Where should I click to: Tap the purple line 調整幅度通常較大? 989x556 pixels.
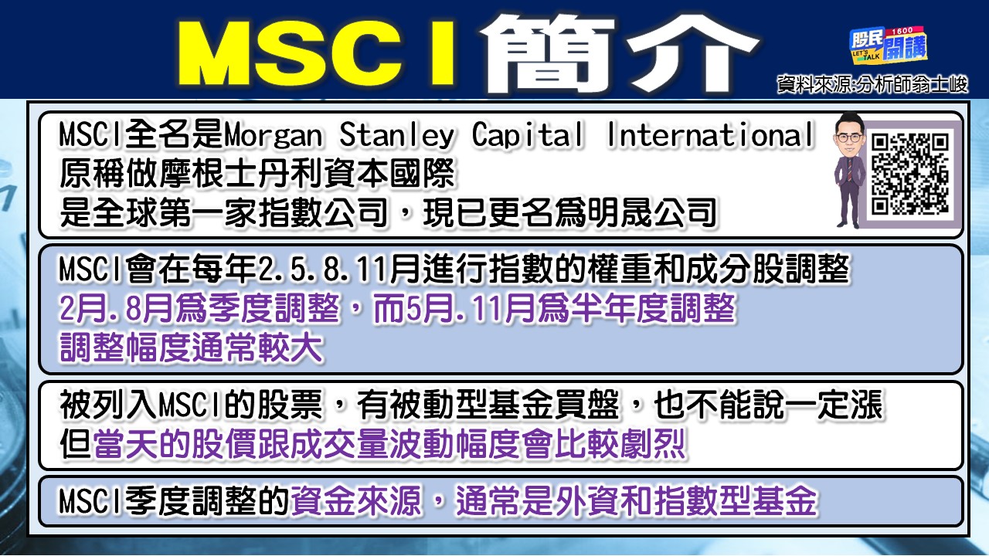pos(192,349)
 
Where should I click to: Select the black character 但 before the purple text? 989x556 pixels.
pos(75,445)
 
